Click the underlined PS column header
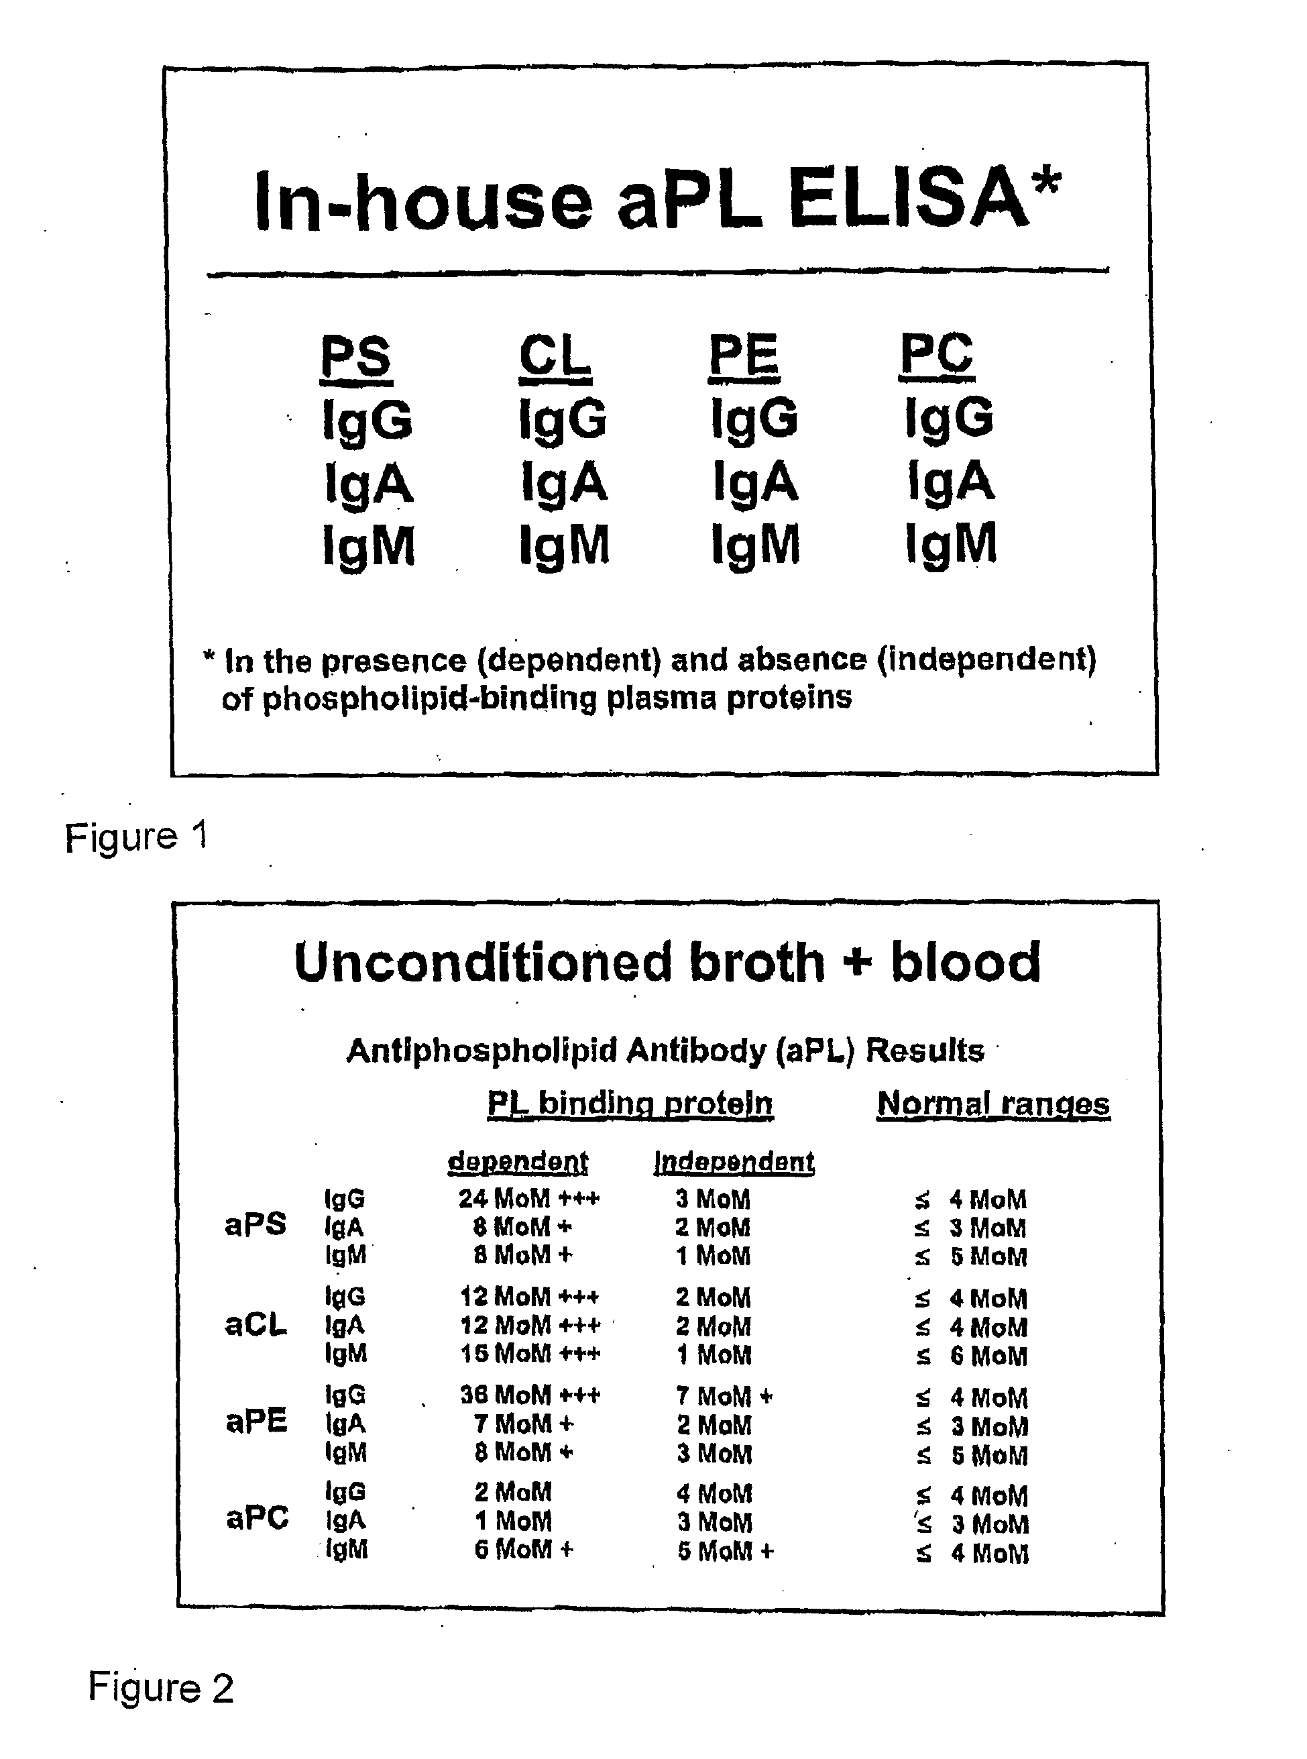pos(356,357)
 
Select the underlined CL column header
pos(555,357)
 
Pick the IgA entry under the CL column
pos(564,482)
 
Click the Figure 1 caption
pos(136,837)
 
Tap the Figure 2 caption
pos(160,1687)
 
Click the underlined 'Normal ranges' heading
pos(993,1104)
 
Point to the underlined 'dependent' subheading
pos(518,1161)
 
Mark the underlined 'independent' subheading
pos(734,1161)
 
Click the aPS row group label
pos(255,1226)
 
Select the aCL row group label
pos(255,1324)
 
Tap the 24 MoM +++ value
pos(529,1199)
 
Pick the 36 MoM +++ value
pos(530,1394)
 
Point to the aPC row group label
pos(257,1518)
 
